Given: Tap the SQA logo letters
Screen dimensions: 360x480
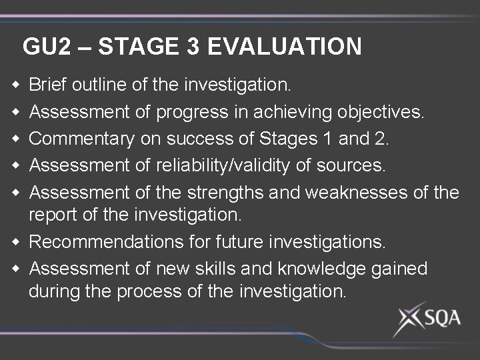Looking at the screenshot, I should pyautogui.click(x=439, y=318).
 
